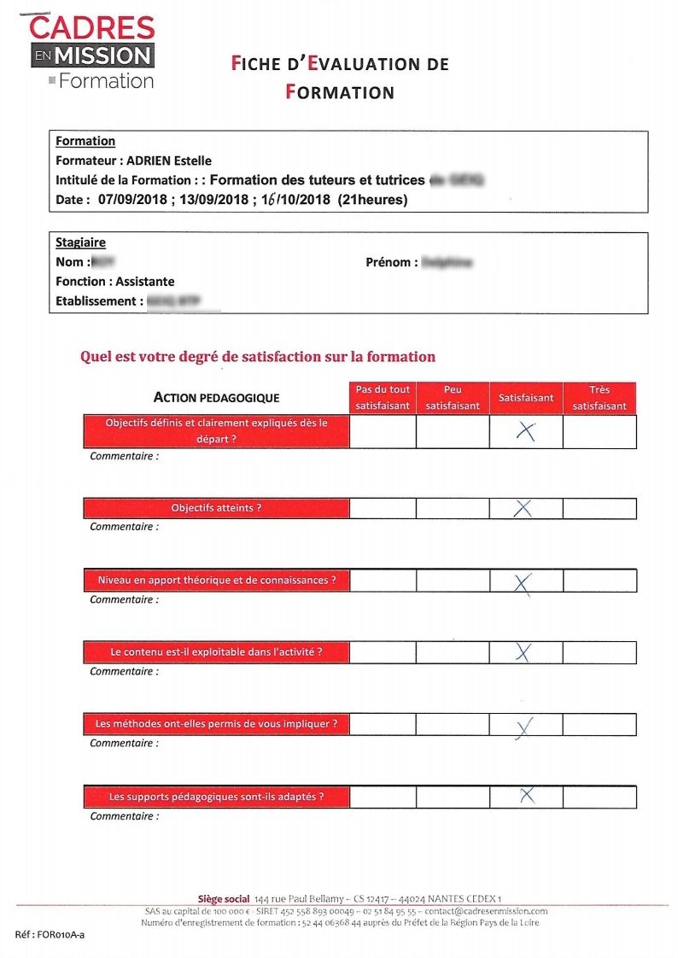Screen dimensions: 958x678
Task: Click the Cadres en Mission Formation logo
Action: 92,53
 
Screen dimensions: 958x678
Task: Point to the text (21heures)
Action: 373,201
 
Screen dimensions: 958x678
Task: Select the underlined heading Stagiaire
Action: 80,242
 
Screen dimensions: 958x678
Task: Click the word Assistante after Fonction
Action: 145,282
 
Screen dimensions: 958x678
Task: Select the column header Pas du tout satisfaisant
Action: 383,398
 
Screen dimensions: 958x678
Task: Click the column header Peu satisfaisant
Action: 453,398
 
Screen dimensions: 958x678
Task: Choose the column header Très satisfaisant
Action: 599,398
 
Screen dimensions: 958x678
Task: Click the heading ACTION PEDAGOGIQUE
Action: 216,398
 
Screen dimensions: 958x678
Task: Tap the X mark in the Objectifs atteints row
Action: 523,509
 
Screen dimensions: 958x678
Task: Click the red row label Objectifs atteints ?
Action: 216,508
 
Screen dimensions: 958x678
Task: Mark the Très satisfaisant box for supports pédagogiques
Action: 599,797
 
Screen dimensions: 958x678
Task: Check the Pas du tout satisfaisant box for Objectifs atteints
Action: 383,509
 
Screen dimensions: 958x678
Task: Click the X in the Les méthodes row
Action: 524,727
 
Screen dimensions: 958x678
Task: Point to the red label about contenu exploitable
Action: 216,652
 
